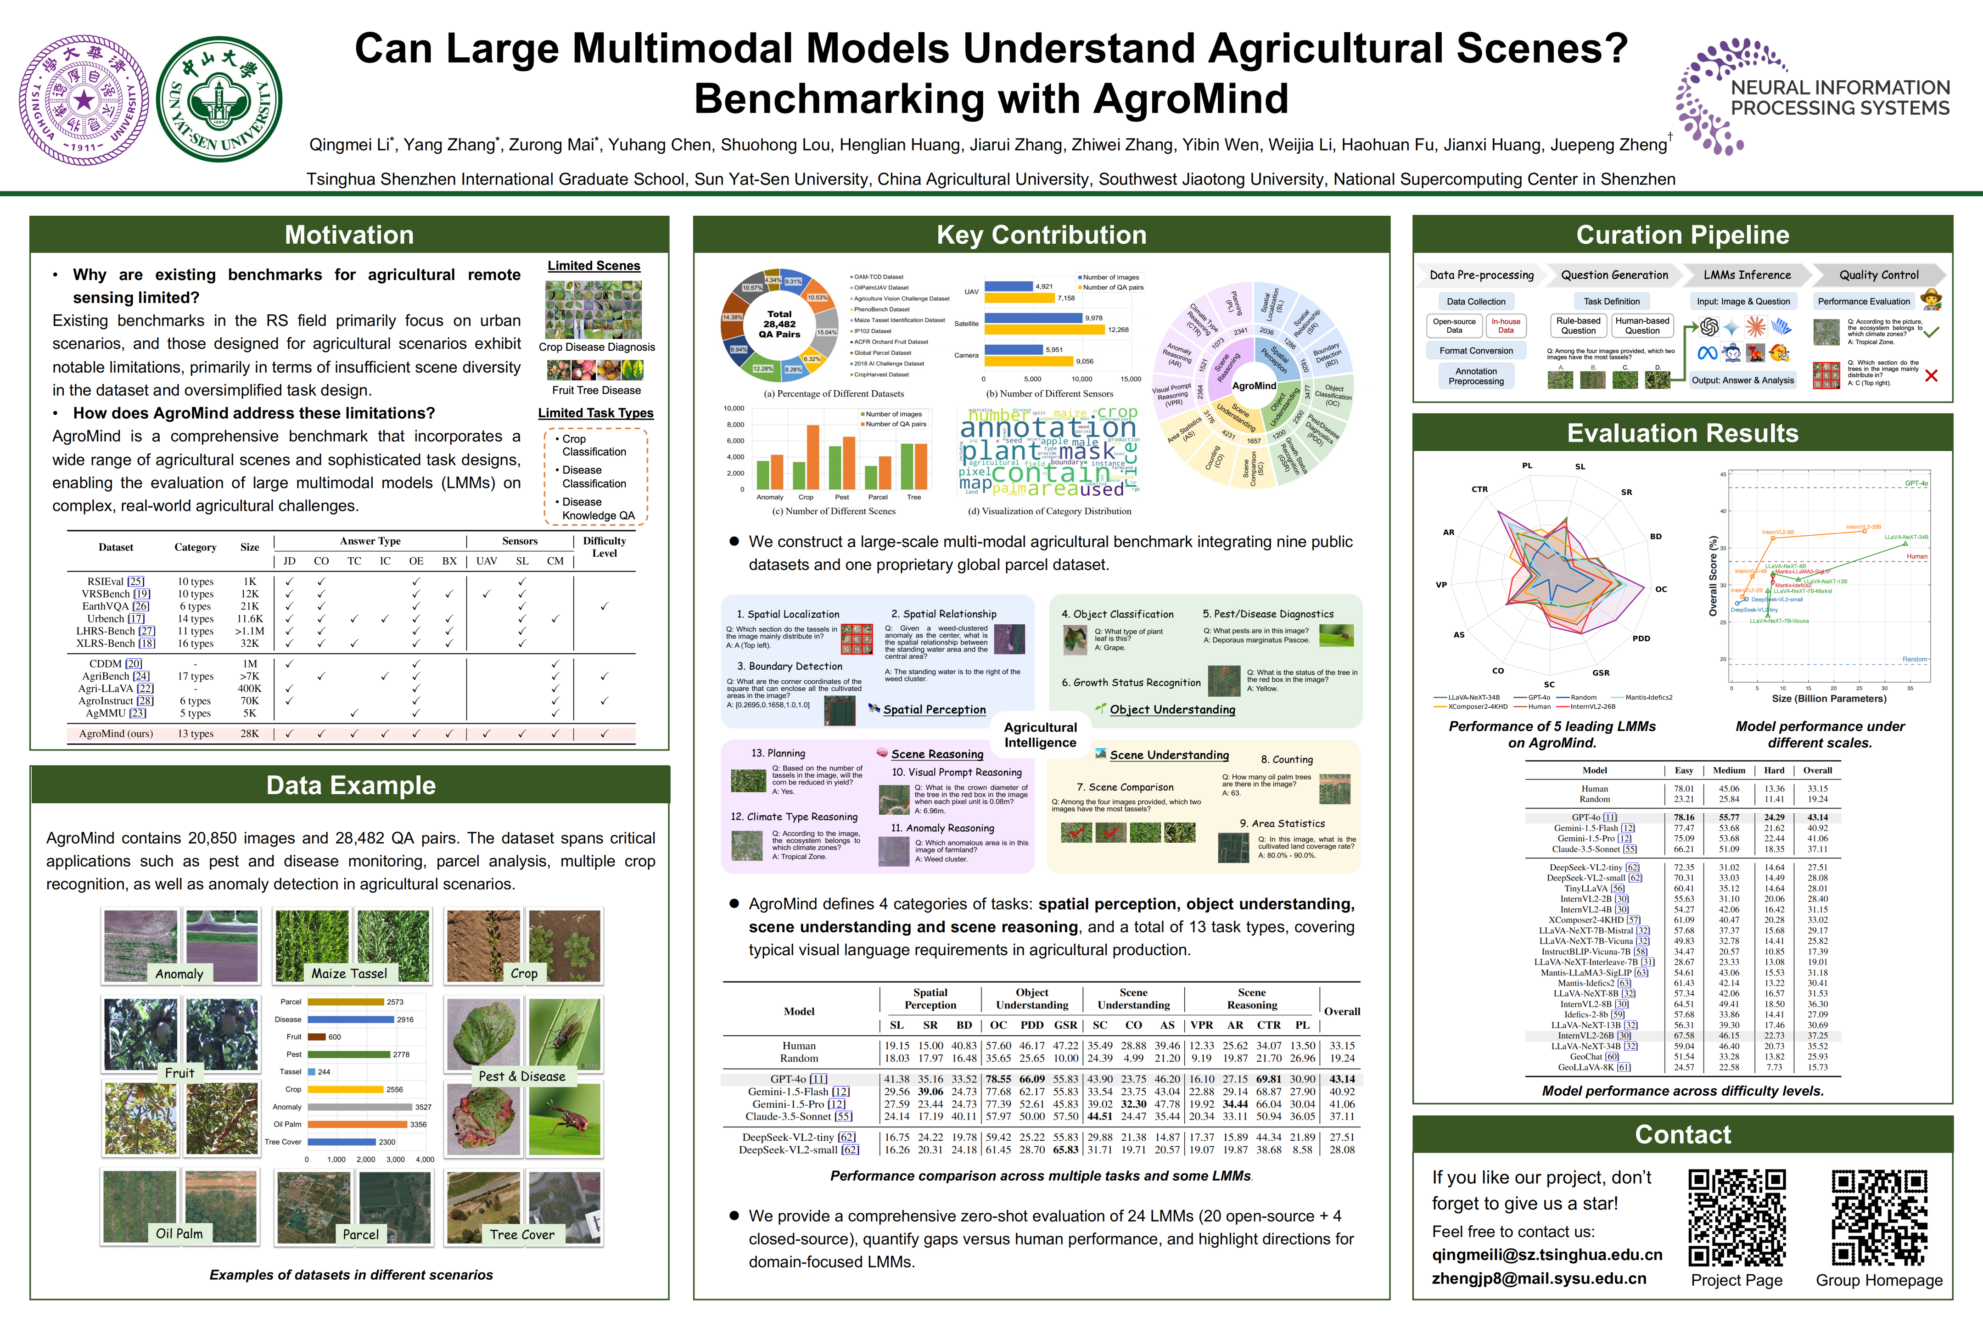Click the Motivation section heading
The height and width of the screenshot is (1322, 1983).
coord(349,235)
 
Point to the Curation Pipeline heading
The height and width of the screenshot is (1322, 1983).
coord(1682,235)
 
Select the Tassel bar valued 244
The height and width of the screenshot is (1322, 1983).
coord(311,1071)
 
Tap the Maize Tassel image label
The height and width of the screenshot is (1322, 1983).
coord(349,974)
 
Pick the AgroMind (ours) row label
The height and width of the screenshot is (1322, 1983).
coord(116,734)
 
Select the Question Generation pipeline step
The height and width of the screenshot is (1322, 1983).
coord(1614,275)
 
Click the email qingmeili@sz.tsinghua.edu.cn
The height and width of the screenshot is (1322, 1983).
coord(1547,1255)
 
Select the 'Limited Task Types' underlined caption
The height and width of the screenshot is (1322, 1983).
coord(595,413)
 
